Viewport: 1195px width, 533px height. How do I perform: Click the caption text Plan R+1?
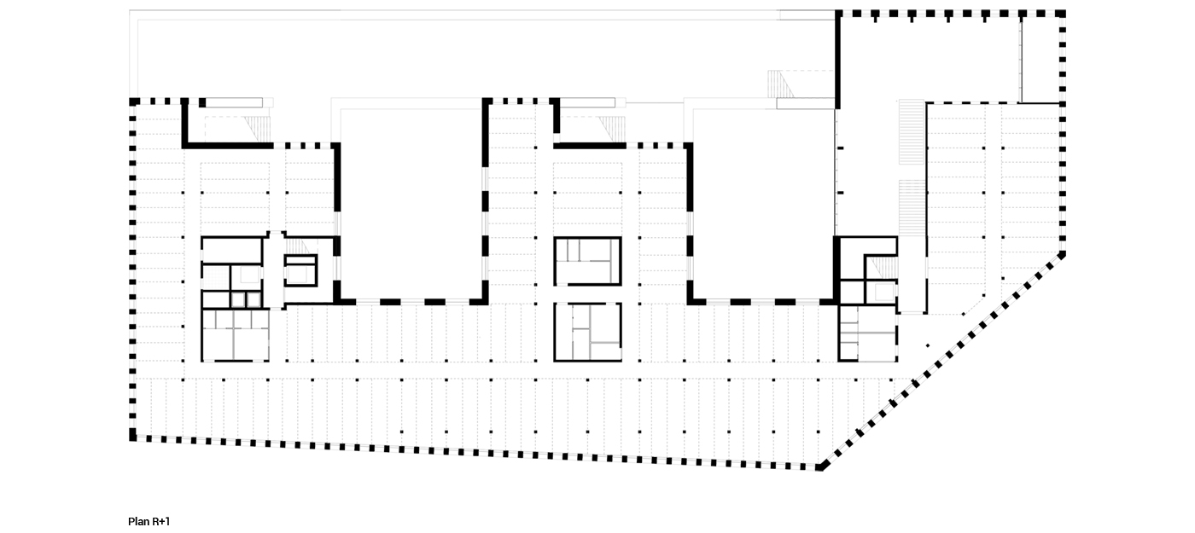149,521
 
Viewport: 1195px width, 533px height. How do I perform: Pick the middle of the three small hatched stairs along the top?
612,130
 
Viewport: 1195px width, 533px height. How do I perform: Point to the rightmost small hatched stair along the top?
780,84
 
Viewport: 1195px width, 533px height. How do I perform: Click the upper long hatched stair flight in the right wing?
912,132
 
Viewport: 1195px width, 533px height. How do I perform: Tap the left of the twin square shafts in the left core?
238,300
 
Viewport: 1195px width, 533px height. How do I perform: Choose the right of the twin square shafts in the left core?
254,300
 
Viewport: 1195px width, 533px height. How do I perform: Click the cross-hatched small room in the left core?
216,278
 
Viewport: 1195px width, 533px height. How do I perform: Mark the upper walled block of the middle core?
588,261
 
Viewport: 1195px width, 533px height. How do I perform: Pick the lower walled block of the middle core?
588,332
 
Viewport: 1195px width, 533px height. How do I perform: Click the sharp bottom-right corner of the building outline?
821,468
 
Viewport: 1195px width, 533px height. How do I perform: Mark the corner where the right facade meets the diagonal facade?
1063,255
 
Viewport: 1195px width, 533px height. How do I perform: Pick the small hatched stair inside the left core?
297,246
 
